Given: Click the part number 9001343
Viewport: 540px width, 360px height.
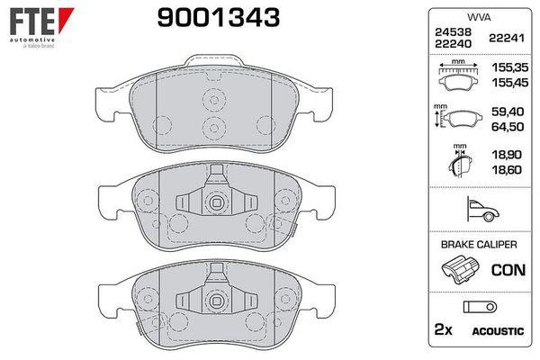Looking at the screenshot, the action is point(219,18).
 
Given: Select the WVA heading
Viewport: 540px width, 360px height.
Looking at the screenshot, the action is point(479,17).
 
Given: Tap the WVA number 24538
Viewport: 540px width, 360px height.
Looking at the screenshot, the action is point(453,32).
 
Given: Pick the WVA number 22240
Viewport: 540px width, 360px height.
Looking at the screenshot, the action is point(453,44).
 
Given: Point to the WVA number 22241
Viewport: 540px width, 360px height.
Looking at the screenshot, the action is point(507,38).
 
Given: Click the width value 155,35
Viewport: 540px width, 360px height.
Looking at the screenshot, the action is point(509,67).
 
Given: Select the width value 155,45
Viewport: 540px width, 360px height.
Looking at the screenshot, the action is point(509,83).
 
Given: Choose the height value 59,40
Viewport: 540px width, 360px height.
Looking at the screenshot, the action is point(508,112).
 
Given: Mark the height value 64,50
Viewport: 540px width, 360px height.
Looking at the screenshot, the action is point(508,127).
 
